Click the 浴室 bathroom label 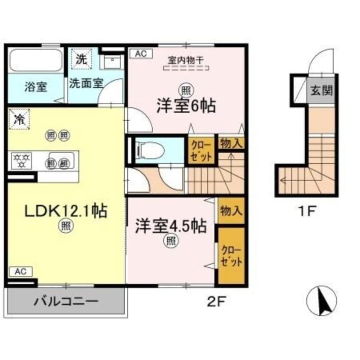(35, 87)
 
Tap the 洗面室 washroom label (86, 83)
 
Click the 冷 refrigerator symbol (18, 119)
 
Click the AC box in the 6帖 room (141, 54)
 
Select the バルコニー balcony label (66, 302)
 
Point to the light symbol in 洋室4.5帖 (170, 241)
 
